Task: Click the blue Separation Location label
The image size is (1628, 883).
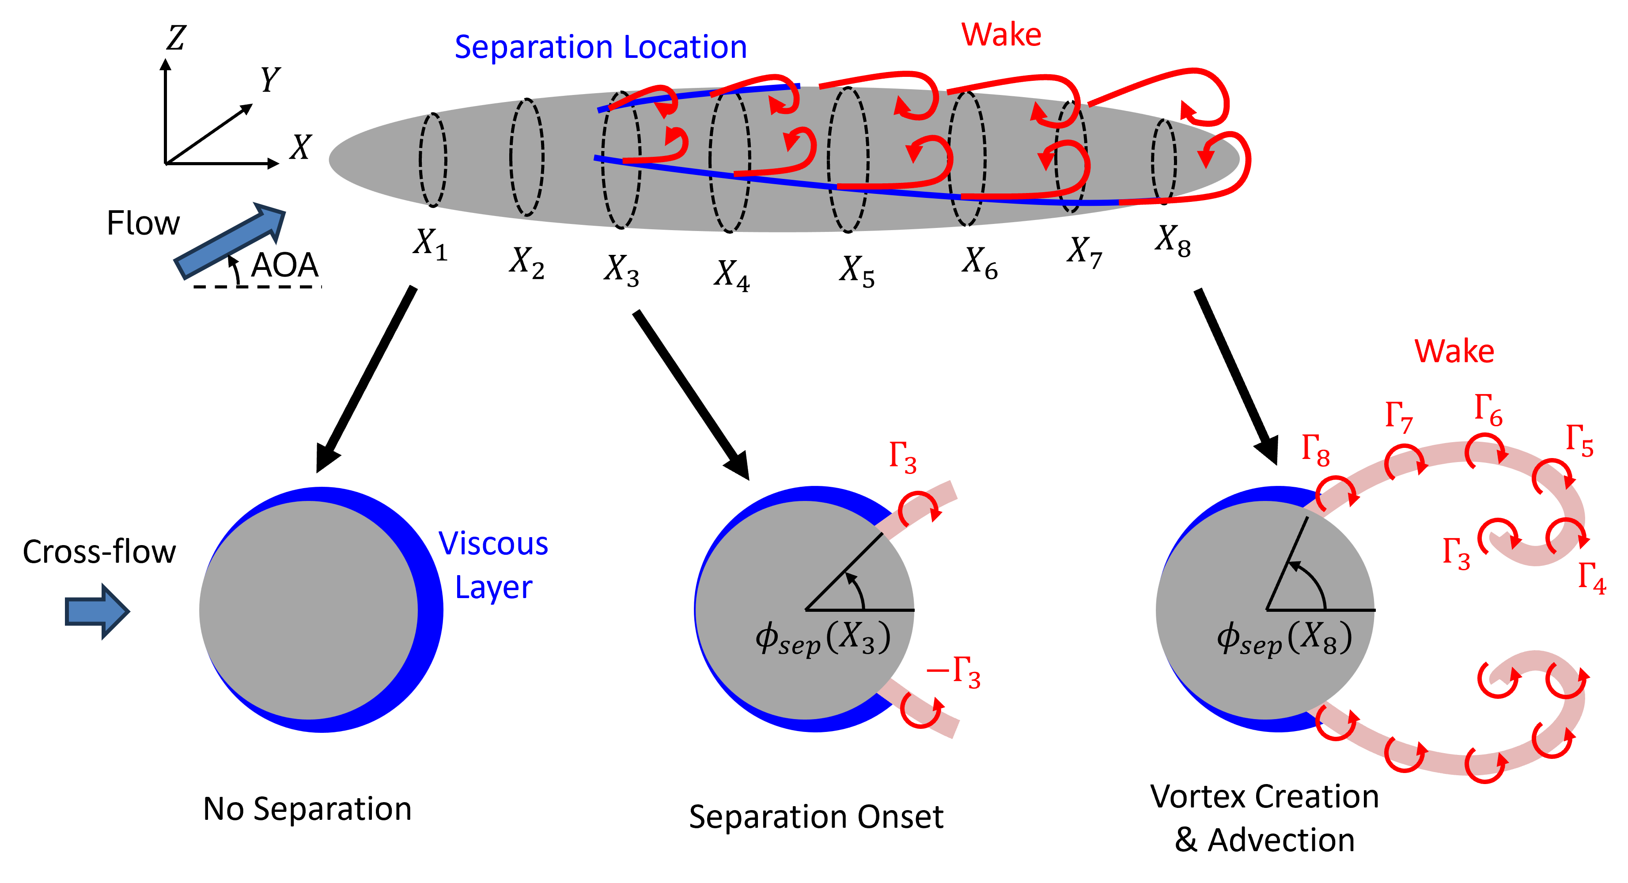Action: click(600, 47)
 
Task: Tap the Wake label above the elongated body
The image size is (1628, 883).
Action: click(1001, 35)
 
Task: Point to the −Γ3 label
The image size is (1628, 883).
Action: click(954, 673)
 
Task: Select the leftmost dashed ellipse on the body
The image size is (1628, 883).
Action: click(433, 159)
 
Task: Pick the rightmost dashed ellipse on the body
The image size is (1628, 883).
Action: click(1164, 160)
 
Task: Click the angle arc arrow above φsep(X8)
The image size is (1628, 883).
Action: click(1311, 578)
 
